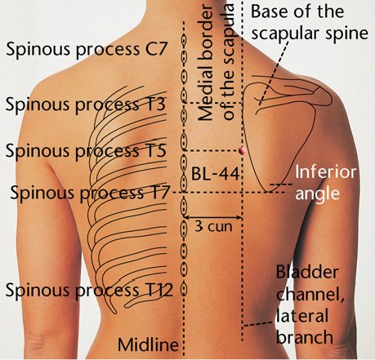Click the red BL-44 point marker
pyautogui.click(x=242, y=150)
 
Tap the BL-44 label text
pyautogui.click(x=215, y=175)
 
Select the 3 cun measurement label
pyautogui.click(x=213, y=227)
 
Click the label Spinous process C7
pyautogui.click(x=86, y=50)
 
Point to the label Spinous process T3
pyautogui.click(x=86, y=105)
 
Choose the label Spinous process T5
pyautogui.click(x=86, y=151)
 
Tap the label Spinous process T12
pyautogui.click(x=89, y=291)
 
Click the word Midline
pyautogui.click(x=148, y=344)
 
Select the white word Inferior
pyautogui.click(x=326, y=172)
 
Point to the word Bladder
pyautogui.click(x=307, y=272)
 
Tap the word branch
pyautogui.click(x=305, y=337)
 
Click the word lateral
pyautogui.click(x=302, y=316)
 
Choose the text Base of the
pyautogui.click(x=297, y=11)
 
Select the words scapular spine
pyautogui.click(x=310, y=33)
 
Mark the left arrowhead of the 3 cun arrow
pyautogui.click(x=185, y=217)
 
